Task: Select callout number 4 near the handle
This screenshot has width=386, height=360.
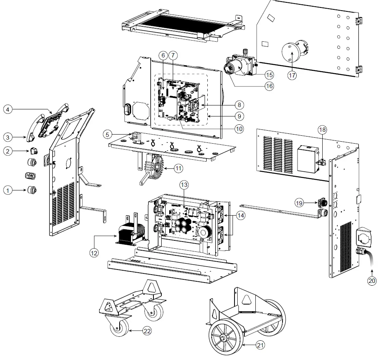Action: pyautogui.click(x=8, y=109)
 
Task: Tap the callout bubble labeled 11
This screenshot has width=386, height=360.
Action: pyautogui.click(x=179, y=168)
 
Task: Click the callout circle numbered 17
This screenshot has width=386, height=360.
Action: pyautogui.click(x=291, y=75)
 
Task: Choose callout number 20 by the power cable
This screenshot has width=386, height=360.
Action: pyautogui.click(x=372, y=281)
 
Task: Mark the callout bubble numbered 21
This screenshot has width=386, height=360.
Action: pyautogui.click(x=260, y=345)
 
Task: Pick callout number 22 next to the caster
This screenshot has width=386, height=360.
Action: pyautogui.click(x=146, y=331)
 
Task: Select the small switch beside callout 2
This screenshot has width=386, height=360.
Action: pyautogui.click(x=33, y=151)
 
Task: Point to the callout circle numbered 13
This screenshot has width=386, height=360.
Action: pyautogui.click(x=184, y=184)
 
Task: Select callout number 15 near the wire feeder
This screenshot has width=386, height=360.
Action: pyautogui.click(x=269, y=74)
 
